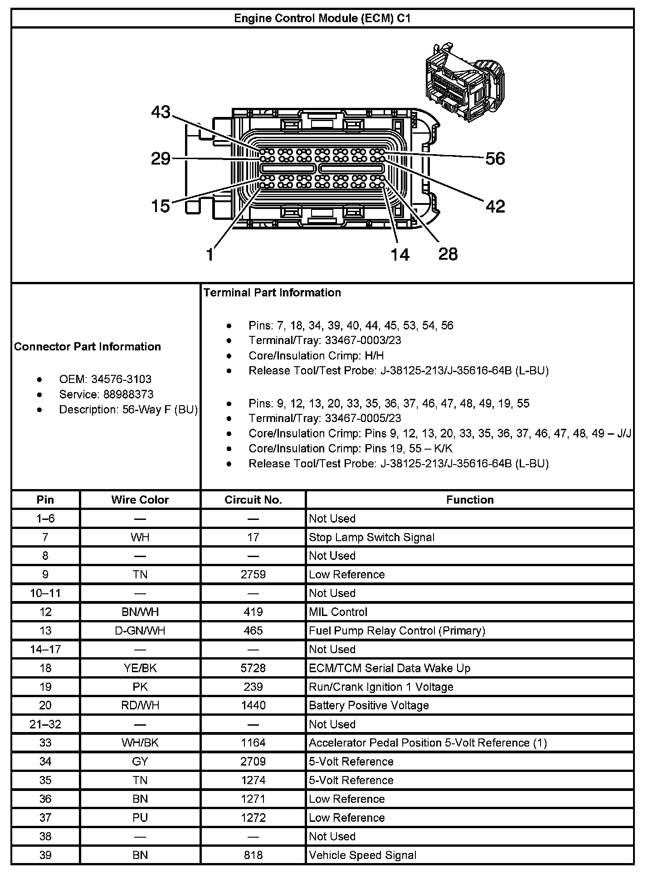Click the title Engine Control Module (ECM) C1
click(x=322, y=18)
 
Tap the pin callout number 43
click(x=161, y=112)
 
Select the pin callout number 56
click(x=495, y=159)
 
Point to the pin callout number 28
click(x=448, y=254)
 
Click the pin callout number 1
click(x=210, y=255)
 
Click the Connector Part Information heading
click(x=88, y=347)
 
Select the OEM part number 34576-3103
click(x=121, y=379)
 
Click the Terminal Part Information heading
click(x=272, y=293)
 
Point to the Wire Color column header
click(x=140, y=500)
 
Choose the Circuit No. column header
click(x=253, y=500)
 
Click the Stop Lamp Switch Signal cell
click(x=371, y=538)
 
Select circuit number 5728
click(x=253, y=669)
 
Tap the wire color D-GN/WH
click(x=140, y=631)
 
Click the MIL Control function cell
click(x=338, y=612)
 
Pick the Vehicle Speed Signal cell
click(x=362, y=855)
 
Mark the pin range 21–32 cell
click(x=45, y=724)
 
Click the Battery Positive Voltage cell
click(x=369, y=706)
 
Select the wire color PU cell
click(x=140, y=818)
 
